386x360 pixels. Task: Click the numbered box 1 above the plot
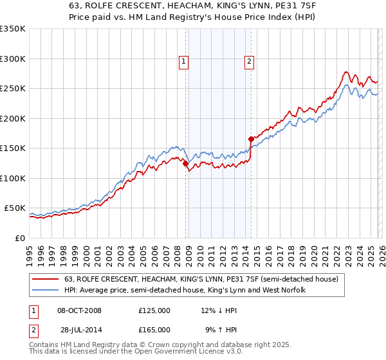click(183, 62)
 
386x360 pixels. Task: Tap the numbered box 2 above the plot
click(248, 62)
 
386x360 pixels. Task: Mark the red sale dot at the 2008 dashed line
click(186, 164)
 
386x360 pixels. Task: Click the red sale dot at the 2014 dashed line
click(251, 139)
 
